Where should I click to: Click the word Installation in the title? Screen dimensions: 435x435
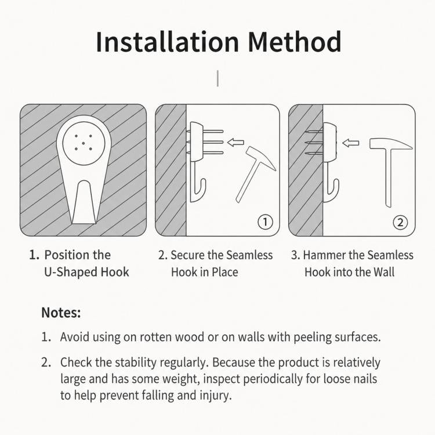point(167,42)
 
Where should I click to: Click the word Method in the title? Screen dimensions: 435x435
point(294,42)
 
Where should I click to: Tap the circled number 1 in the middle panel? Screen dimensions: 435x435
point(265,222)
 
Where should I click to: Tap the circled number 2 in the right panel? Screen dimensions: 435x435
point(400,222)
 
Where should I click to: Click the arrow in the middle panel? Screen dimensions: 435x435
point(235,143)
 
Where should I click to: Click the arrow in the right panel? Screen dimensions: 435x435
point(350,143)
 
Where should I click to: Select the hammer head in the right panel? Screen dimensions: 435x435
point(390,144)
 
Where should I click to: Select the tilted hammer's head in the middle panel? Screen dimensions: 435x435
point(260,158)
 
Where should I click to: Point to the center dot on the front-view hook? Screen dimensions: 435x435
point(83,143)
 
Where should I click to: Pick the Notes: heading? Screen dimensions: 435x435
point(61,313)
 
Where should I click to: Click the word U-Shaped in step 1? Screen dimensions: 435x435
point(71,272)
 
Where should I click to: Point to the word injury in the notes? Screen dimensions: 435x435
point(216,396)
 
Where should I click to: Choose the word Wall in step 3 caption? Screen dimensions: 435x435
point(384,272)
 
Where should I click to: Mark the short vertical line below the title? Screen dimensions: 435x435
point(217,78)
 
